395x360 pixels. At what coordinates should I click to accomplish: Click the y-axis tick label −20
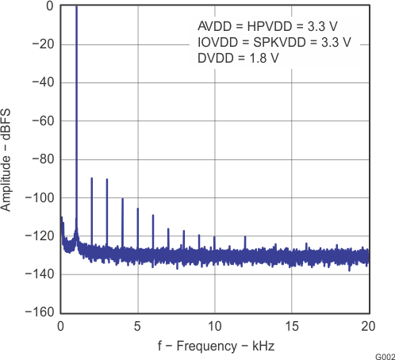pyautogui.click(x=40, y=44)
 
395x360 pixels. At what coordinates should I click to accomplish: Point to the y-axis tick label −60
pyautogui.click(x=40, y=121)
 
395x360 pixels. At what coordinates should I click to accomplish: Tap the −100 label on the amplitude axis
pyautogui.click(x=36, y=197)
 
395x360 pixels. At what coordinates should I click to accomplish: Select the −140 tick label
pyautogui.click(x=36, y=274)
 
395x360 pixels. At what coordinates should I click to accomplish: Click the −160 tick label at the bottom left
pyautogui.click(x=36, y=312)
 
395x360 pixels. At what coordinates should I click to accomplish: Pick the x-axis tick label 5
pyautogui.click(x=137, y=326)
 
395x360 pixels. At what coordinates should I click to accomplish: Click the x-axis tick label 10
pyautogui.click(x=214, y=326)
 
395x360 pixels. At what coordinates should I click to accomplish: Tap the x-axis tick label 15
pyautogui.click(x=291, y=326)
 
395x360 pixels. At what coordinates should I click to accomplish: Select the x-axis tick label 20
pyautogui.click(x=368, y=326)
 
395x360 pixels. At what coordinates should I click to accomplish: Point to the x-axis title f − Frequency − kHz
pyautogui.click(x=214, y=347)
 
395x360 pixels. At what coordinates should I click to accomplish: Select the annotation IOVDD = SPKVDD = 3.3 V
pyautogui.click(x=274, y=41)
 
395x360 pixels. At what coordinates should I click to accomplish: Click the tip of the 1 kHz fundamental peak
pyautogui.click(x=76, y=7)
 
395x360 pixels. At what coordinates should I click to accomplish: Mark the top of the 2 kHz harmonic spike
pyautogui.click(x=91, y=178)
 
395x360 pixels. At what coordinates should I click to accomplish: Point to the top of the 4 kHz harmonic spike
pyautogui.click(x=122, y=199)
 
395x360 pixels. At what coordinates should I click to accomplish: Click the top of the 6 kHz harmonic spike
pyautogui.click(x=153, y=215)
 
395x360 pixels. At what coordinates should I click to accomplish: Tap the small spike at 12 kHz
pyautogui.click(x=245, y=236)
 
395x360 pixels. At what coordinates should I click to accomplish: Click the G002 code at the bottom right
pyautogui.click(x=383, y=354)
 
